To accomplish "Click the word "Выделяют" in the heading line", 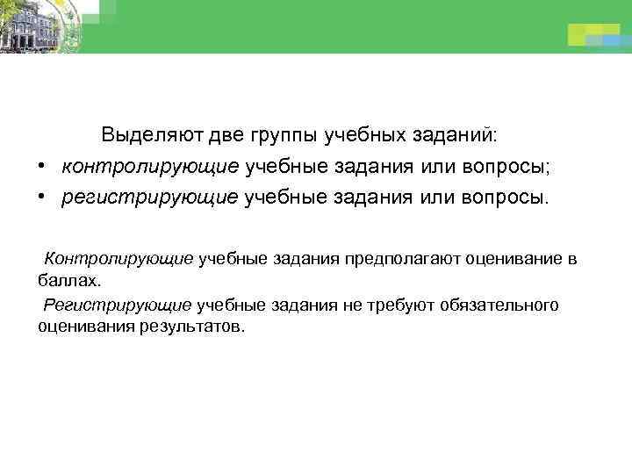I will [x=151, y=136].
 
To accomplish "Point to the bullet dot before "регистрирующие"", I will [x=41, y=197].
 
